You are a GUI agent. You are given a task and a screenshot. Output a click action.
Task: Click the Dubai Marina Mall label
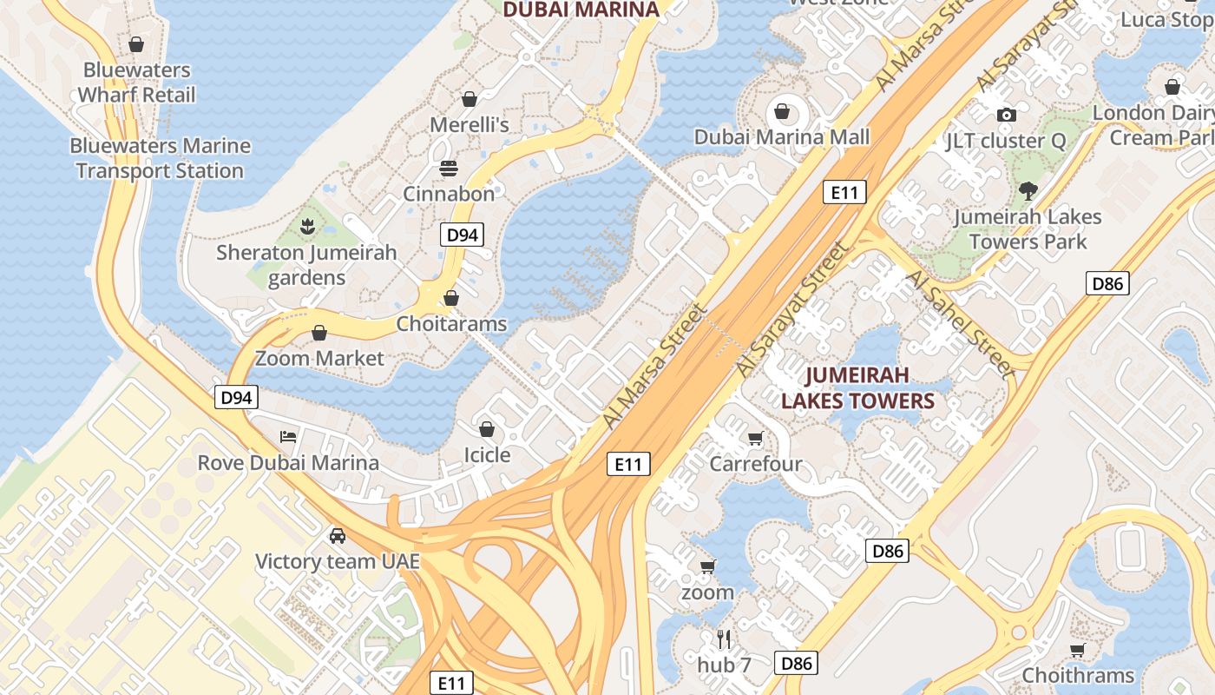coord(781,137)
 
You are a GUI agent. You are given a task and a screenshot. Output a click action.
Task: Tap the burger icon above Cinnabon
coord(449,168)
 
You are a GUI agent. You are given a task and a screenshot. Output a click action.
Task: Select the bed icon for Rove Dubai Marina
coord(288,436)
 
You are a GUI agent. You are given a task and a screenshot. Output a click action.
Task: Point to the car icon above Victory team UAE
coord(338,535)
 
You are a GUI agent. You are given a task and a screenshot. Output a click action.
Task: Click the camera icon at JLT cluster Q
coord(1007,115)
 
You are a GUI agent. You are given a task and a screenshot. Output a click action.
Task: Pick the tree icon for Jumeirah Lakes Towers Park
coord(1028,190)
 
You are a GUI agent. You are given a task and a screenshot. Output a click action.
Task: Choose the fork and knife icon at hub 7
coord(725,639)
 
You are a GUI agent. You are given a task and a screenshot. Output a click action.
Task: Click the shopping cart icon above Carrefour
coord(755,438)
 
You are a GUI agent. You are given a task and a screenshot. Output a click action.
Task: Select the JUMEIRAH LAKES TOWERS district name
coord(857,388)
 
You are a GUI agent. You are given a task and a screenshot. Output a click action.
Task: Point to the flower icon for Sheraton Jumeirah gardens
coord(305,228)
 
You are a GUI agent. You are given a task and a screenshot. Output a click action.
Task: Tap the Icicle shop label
coord(487,455)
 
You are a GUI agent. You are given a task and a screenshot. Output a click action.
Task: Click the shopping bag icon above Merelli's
coord(470,99)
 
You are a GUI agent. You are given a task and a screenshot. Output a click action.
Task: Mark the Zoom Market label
coord(319,358)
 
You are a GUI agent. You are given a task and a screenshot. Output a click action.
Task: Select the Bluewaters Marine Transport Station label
coord(160,158)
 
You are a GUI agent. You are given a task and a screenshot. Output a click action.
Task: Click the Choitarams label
coord(451,324)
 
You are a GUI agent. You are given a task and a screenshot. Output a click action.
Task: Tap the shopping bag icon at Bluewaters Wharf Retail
coord(136,43)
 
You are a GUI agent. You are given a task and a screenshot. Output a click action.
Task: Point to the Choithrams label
coord(1078,675)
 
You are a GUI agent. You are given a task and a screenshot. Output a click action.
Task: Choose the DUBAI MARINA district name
coord(581,10)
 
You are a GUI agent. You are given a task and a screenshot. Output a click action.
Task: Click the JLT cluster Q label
coord(1005,141)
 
